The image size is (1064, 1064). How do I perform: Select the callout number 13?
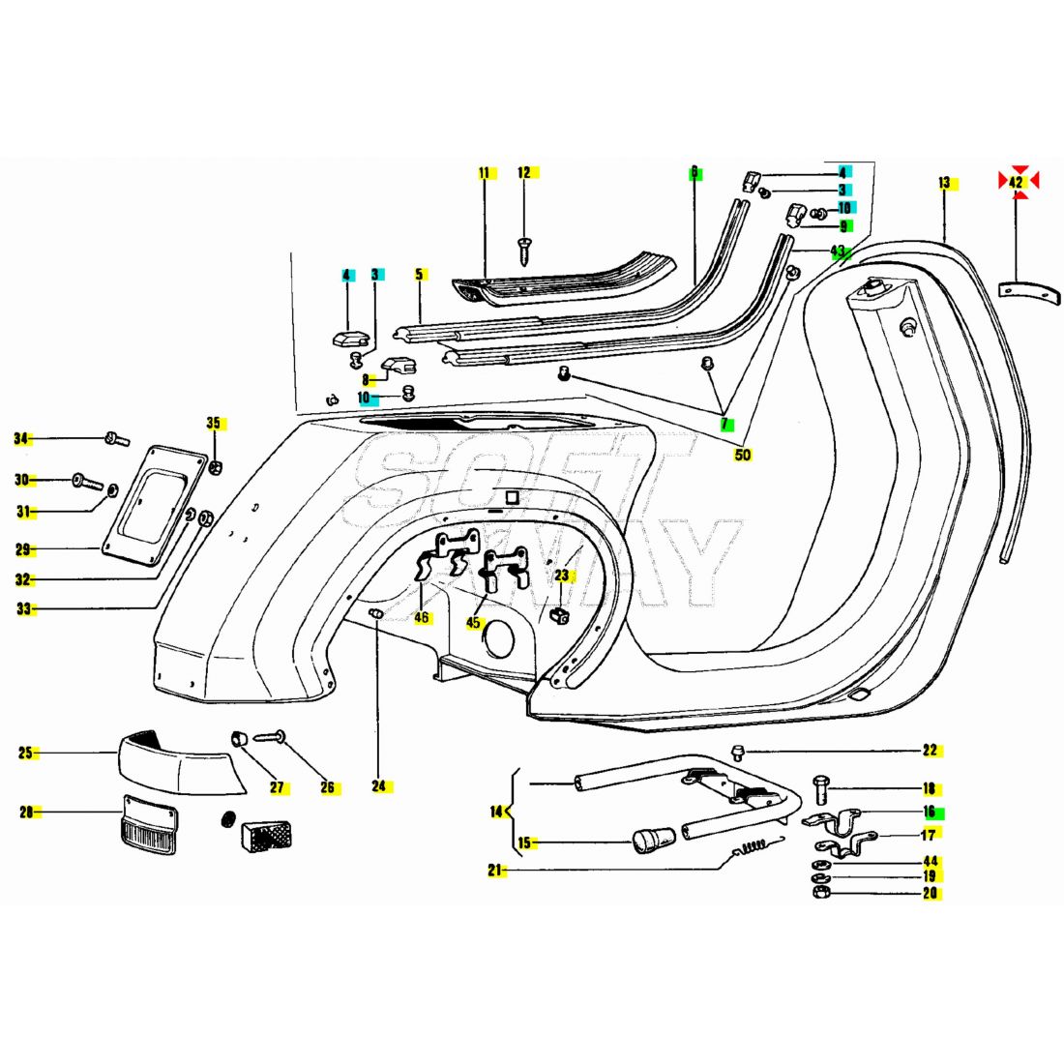pos(944,182)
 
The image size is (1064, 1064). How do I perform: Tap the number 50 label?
pos(742,455)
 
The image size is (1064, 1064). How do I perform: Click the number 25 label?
pos(27,753)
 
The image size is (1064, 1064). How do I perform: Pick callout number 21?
pos(496,871)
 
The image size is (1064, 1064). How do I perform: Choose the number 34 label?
pos(22,439)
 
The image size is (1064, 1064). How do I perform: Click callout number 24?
pos(378,785)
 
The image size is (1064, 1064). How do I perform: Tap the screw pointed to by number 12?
pos(524,249)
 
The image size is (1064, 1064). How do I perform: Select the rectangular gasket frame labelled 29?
pos(152,505)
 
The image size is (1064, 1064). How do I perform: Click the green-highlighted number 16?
pos(930,813)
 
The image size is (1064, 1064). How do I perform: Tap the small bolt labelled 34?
pos(115,440)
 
